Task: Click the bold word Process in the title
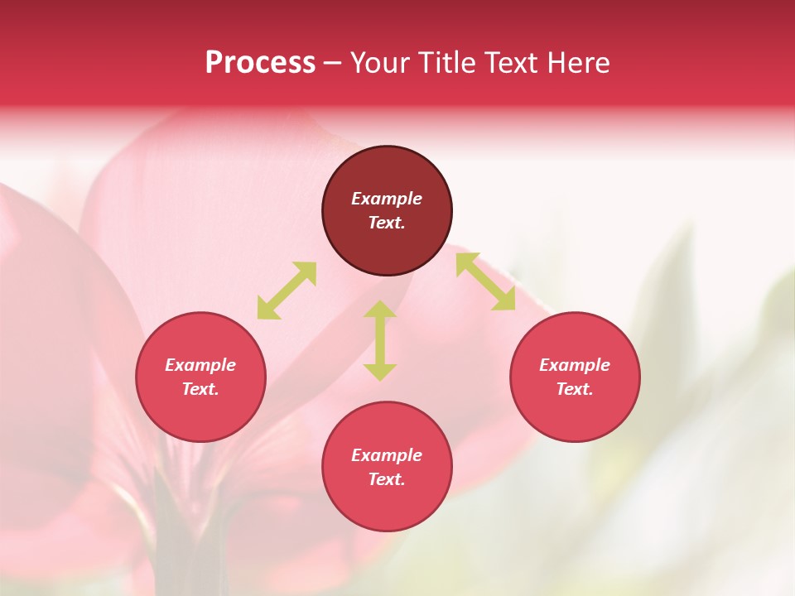[260, 63]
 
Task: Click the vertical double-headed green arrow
[380, 340]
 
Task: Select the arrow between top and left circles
[287, 291]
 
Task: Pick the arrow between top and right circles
[485, 282]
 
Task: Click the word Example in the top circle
[387, 199]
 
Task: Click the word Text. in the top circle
[387, 223]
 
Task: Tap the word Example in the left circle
[200, 365]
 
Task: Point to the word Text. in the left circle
[200, 389]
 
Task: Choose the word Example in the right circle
[575, 365]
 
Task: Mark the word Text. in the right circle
[575, 389]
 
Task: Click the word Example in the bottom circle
[387, 455]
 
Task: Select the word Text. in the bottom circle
[387, 479]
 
